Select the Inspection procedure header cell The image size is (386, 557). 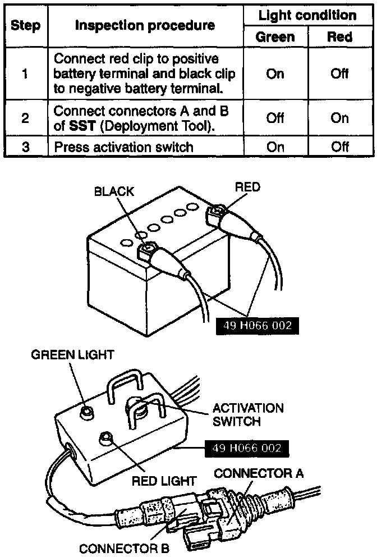click(x=145, y=26)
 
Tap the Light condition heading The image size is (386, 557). click(x=307, y=15)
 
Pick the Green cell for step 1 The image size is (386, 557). click(x=275, y=74)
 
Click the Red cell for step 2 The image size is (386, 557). click(x=339, y=118)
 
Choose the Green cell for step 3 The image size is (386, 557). click(x=275, y=147)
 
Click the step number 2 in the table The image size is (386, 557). click(x=25, y=118)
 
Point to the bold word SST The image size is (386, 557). click(x=81, y=126)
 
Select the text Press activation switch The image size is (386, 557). click(x=123, y=147)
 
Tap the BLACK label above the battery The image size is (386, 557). click(x=114, y=191)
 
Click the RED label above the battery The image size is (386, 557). click(x=247, y=187)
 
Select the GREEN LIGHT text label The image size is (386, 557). click(x=72, y=355)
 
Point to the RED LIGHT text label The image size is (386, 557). click(x=164, y=481)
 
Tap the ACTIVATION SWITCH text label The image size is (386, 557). click(x=248, y=414)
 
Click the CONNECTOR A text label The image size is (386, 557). click(x=259, y=473)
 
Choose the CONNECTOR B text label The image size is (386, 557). click(x=124, y=548)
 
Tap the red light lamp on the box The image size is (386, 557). click(x=105, y=439)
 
